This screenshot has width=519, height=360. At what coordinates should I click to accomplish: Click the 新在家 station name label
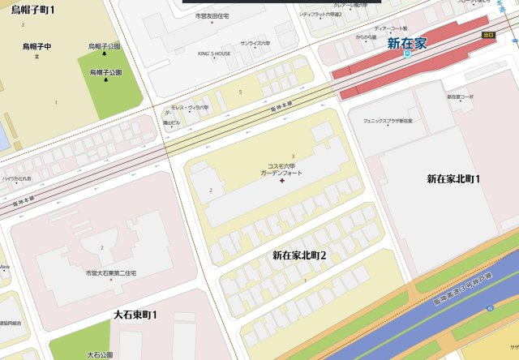pyautogui.click(x=406, y=42)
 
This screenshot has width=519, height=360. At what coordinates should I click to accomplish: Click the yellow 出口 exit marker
pyautogui.click(x=487, y=35)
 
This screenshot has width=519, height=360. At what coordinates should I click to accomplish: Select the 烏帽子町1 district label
pyautogui.click(x=33, y=11)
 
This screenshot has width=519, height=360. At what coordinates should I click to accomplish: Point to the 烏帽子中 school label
pyautogui.click(x=36, y=47)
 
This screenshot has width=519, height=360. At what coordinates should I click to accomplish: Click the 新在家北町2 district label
pyautogui.click(x=299, y=255)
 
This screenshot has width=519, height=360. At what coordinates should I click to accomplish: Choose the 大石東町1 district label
pyautogui.click(x=135, y=314)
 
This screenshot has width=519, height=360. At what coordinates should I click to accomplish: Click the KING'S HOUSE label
pyautogui.click(x=214, y=54)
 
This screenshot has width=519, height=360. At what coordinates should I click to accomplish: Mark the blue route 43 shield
pyautogui.click(x=491, y=308)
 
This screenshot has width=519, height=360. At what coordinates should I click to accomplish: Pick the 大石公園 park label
pyautogui.click(x=102, y=354)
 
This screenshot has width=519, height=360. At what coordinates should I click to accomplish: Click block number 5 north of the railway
pyautogui.click(x=240, y=92)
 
